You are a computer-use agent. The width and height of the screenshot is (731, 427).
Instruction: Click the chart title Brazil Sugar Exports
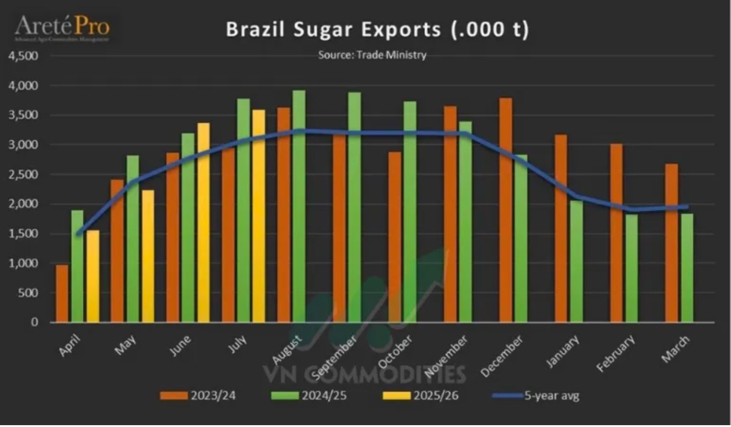[377, 30]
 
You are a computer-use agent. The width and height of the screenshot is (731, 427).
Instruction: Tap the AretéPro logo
[62, 27]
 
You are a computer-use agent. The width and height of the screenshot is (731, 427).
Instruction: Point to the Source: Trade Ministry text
[372, 55]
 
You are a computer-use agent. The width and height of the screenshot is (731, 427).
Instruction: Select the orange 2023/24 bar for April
[62, 294]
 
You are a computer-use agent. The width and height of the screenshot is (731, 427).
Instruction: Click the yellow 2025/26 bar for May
[147, 256]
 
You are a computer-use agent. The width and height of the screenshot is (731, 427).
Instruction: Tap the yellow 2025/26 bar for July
[258, 216]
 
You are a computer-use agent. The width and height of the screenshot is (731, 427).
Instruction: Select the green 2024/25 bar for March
[687, 267]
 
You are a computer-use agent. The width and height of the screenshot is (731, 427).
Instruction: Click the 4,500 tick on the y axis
[24, 55]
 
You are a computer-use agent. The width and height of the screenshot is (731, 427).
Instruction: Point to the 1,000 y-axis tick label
[24, 263]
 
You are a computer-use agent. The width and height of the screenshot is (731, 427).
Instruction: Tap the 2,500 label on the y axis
[24, 174]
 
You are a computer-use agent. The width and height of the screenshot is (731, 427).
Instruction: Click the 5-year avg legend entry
[534, 396]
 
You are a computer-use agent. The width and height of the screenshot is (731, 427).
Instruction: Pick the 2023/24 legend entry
[198, 396]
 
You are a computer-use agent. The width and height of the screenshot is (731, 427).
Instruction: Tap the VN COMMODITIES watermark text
[364, 373]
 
